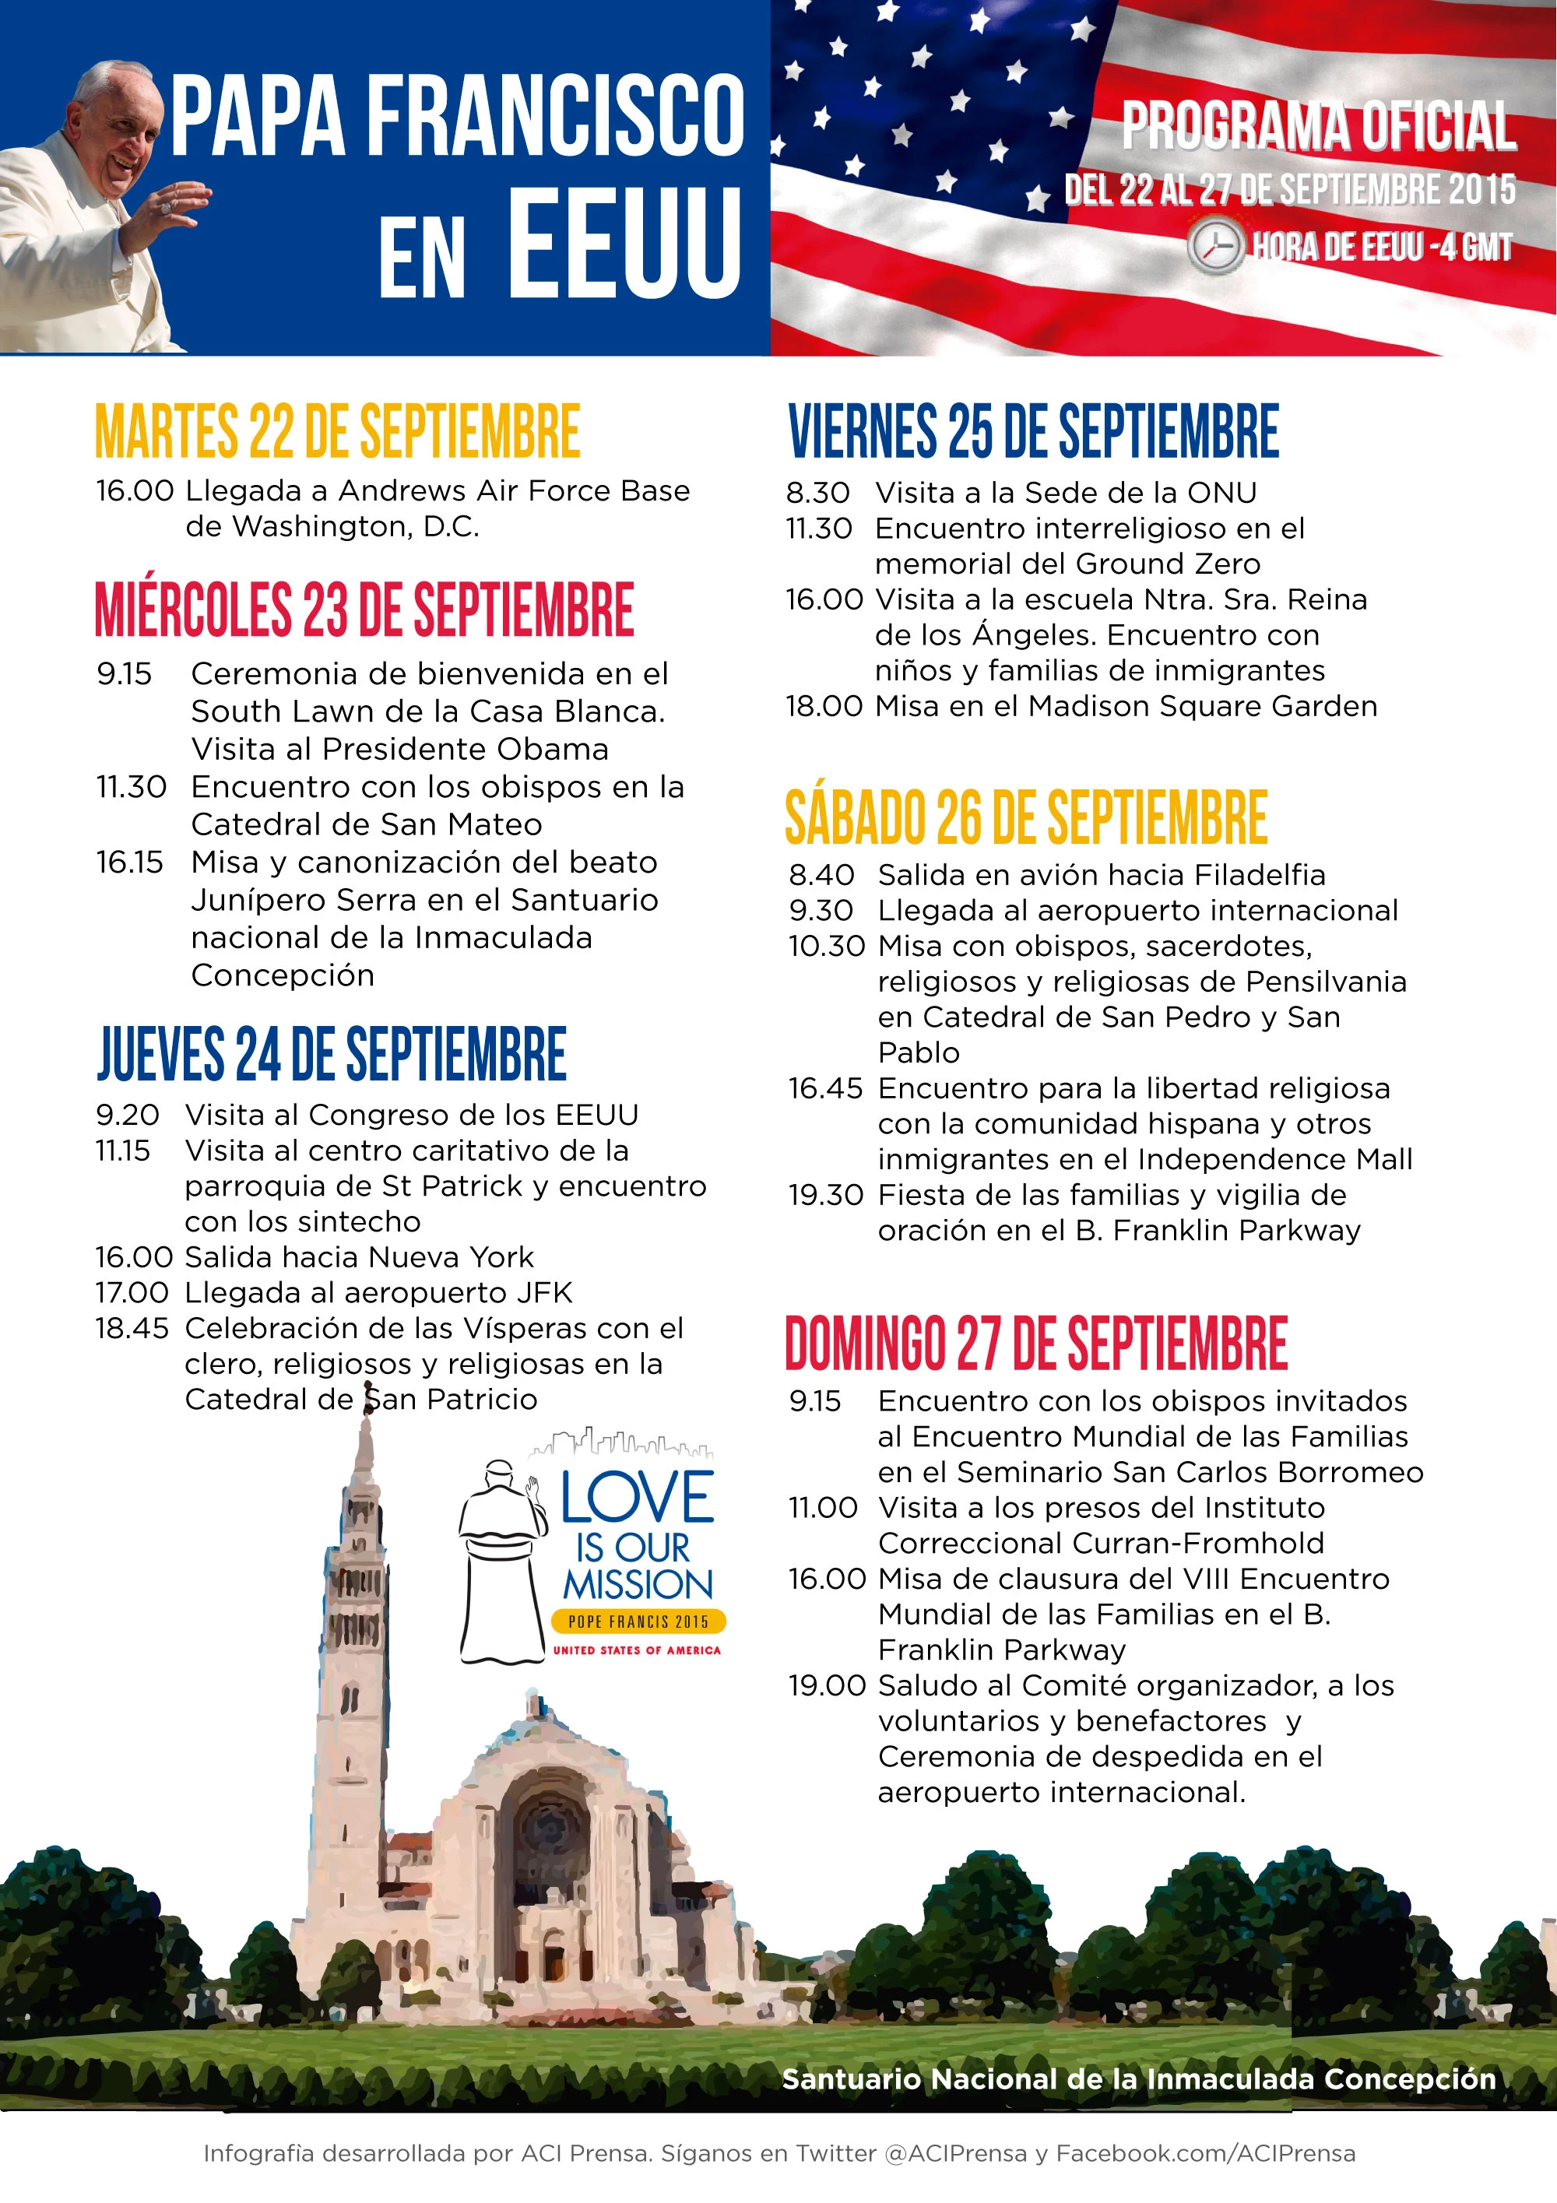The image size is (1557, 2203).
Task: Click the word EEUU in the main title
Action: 624,244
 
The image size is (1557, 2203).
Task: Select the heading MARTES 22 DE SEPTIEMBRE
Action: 338,432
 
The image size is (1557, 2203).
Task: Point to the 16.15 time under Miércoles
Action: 129,862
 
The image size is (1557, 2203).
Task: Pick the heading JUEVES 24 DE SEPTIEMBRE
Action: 332,1053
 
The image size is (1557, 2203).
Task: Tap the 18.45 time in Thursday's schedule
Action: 132,1328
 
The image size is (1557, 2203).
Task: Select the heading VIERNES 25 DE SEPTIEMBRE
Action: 1033,432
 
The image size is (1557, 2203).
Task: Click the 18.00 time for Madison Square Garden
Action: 824,706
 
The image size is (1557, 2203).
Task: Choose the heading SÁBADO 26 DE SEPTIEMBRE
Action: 1025,817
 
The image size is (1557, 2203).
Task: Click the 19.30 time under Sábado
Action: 826,1195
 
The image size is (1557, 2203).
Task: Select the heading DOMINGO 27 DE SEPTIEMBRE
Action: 1036,1344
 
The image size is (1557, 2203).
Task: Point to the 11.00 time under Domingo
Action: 823,1507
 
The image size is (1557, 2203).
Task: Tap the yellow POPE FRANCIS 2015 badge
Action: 639,1621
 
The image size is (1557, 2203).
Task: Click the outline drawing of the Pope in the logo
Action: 500,1564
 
